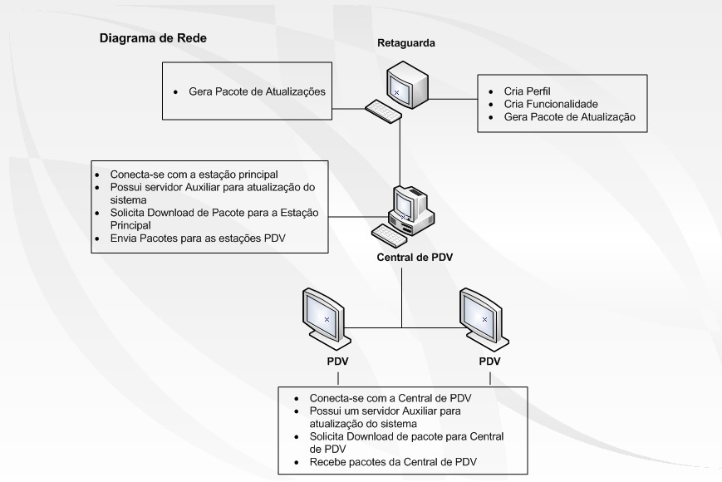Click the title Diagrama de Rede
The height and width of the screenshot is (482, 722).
click(153, 37)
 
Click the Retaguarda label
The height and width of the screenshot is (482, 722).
click(408, 42)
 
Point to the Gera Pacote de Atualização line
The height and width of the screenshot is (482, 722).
click(569, 118)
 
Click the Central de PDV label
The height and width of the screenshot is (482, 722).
click(410, 256)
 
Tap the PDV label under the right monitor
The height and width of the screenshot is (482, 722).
click(490, 361)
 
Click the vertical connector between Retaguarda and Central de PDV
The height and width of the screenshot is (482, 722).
click(402, 150)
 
